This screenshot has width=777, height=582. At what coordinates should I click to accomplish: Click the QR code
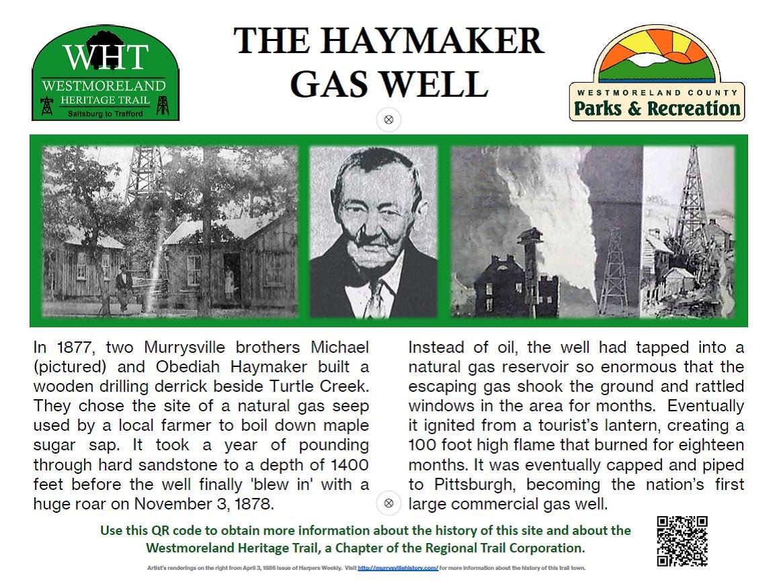(x=682, y=541)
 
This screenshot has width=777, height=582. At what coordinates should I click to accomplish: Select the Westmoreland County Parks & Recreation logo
(x=657, y=74)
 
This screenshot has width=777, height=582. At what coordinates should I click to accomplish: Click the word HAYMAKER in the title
(x=430, y=42)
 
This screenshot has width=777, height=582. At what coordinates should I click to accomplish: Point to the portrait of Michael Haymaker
(x=373, y=233)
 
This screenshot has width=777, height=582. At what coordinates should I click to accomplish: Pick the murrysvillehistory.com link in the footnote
(x=398, y=568)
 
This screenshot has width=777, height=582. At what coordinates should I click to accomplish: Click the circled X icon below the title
(x=388, y=120)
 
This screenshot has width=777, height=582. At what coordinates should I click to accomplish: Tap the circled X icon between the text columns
(x=388, y=503)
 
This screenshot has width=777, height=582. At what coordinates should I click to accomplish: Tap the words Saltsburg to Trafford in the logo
(x=106, y=114)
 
